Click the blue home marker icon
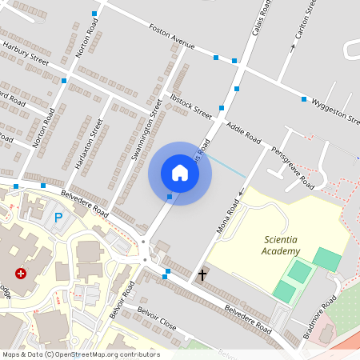point(180,172)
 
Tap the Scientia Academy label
point(282,245)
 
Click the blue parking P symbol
point(58,217)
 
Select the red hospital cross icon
point(21,274)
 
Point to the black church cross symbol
point(202,275)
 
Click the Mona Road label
point(228,217)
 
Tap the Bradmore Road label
point(323,318)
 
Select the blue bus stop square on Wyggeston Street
point(304,99)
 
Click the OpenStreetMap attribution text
point(80,354)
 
